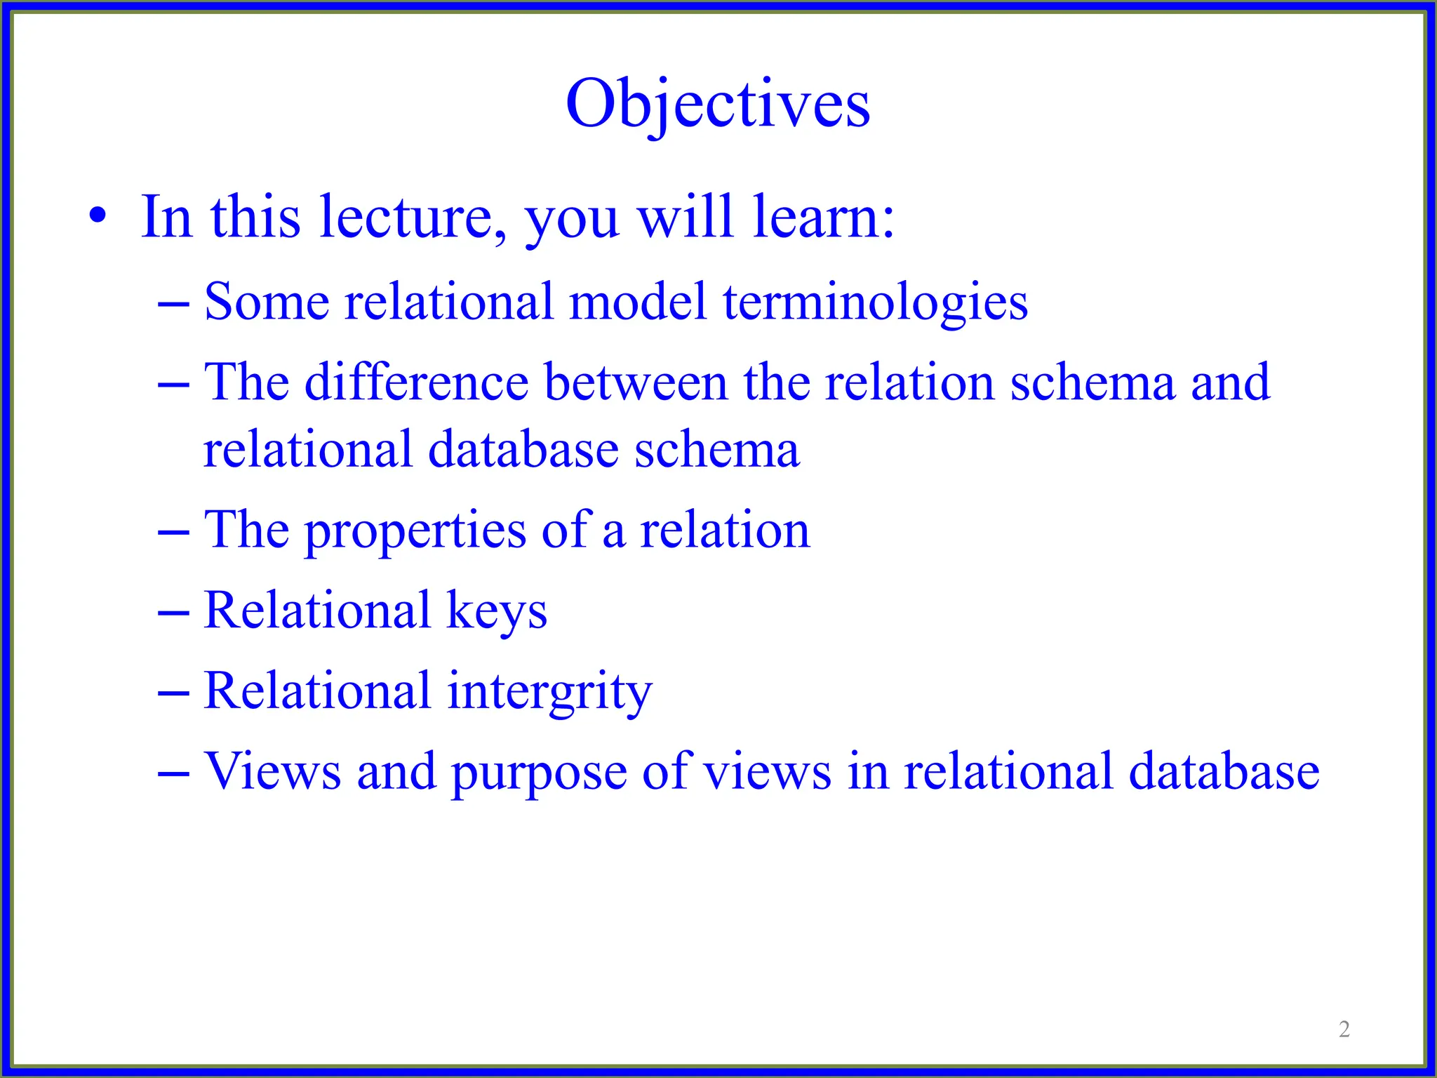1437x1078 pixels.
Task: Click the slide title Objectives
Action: [x=718, y=104]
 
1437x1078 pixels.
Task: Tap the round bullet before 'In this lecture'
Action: [x=98, y=216]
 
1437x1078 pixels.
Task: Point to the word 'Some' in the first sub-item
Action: [x=267, y=302]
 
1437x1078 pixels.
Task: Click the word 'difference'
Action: [x=416, y=382]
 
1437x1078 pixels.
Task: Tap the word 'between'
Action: [x=636, y=382]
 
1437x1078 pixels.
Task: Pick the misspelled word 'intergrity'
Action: [x=549, y=692]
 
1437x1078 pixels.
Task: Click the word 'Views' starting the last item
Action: [x=272, y=771]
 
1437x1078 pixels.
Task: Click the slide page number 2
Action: [x=1344, y=1029]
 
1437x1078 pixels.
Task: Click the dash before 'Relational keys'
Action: [x=173, y=613]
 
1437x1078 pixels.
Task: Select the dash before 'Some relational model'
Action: [x=173, y=304]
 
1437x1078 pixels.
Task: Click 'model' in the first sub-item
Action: [x=637, y=302]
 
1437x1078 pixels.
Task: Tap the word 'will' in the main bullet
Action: [x=685, y=218]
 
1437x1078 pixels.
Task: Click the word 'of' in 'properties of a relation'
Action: [x=566, y=530]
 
